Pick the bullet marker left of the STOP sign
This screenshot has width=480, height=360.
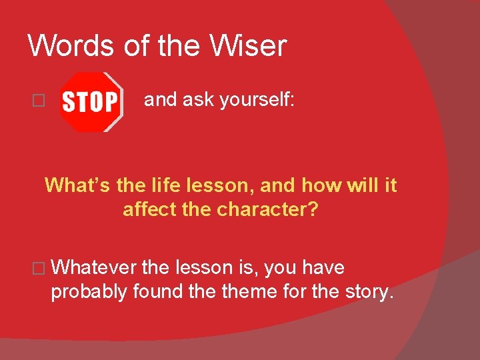[x=38, y=101]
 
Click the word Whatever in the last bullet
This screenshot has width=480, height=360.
[x=93, y=268]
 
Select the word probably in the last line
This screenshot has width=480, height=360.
[x=90, y=292]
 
